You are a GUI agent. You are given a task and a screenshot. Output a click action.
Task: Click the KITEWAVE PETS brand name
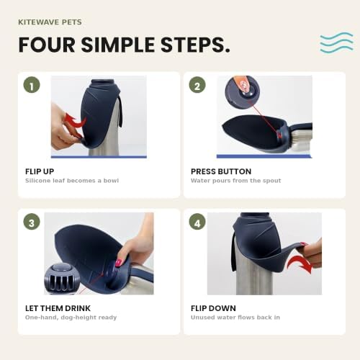50,22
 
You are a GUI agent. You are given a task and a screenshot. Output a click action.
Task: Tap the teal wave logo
336,42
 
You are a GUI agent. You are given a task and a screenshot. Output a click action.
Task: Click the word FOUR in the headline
47,45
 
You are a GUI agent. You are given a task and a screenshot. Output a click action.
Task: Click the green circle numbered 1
32,85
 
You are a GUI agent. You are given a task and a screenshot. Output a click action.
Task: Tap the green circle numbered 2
197,85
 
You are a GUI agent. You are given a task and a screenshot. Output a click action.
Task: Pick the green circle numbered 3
32,222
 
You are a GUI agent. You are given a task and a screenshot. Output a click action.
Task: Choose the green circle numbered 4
197,222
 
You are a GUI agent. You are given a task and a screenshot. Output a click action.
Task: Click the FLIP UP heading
40,171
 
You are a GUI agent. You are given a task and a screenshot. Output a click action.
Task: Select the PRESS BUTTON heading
221,171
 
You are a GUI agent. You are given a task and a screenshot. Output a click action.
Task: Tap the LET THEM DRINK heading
58,308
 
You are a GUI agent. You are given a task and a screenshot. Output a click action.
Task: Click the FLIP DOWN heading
213,308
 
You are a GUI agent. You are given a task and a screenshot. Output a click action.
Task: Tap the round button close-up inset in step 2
243,91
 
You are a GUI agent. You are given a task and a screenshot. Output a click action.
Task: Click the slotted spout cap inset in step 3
62,279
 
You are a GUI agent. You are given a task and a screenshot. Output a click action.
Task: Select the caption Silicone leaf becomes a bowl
72,181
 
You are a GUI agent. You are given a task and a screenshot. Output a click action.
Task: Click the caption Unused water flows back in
235,318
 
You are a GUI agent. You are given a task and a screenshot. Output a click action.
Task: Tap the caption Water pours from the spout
236,181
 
